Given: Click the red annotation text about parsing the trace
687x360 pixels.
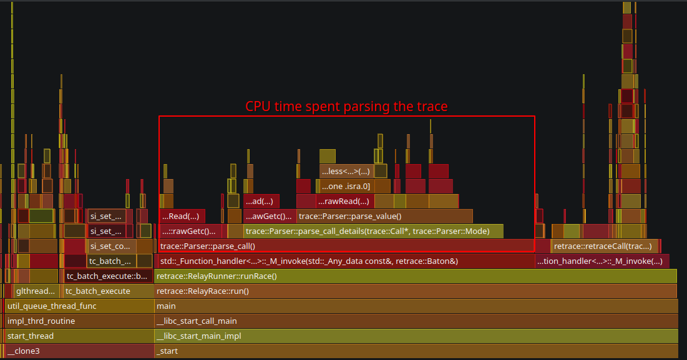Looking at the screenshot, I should tap(346, 107).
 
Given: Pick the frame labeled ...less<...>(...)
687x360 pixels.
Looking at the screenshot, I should tap(345, 171).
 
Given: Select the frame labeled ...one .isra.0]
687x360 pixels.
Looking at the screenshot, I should tap(345, 186).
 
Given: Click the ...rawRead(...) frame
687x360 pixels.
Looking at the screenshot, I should tap(345, 201).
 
